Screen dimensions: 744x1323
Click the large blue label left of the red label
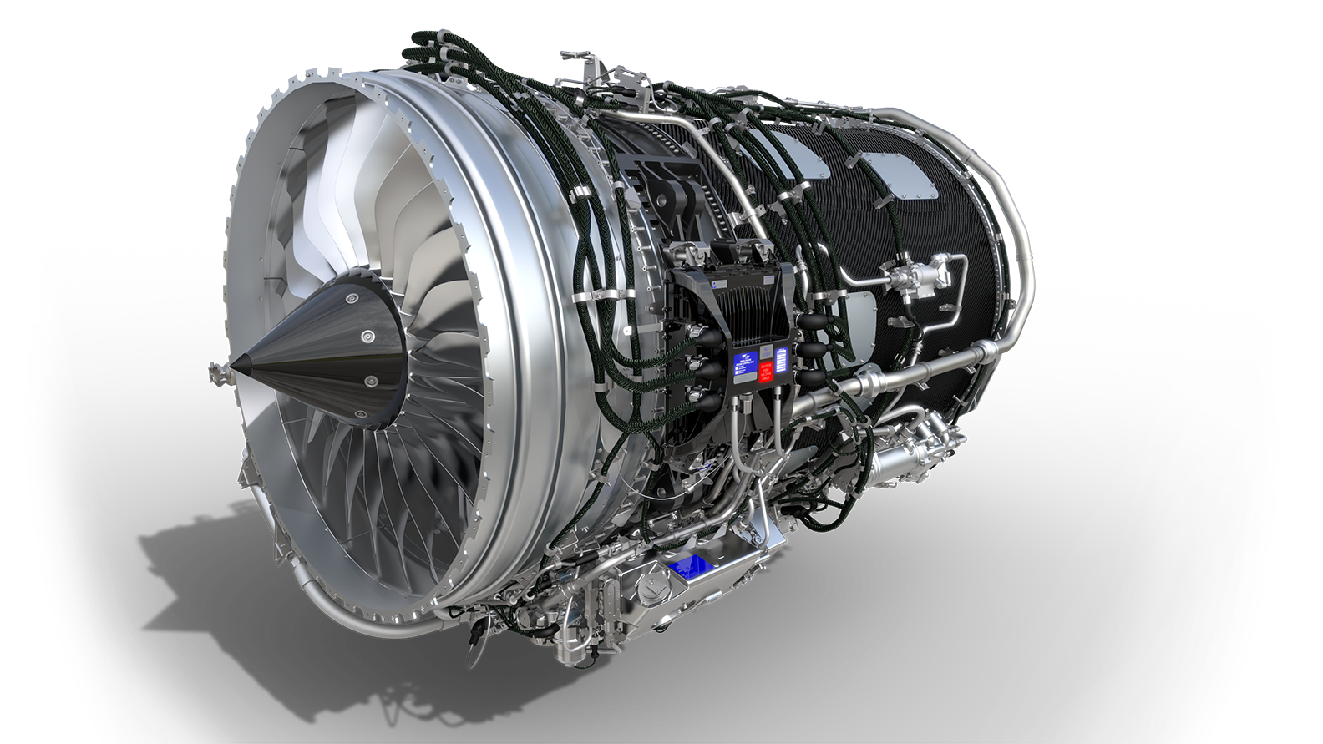pyautogui.click(x=743, y=366)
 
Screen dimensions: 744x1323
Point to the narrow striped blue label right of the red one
pyautogui.click(x=783, y=364)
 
